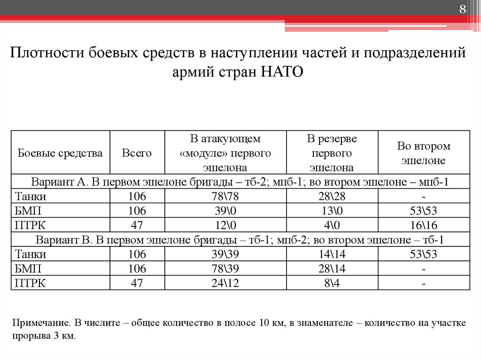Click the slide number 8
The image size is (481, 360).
click(462, 10)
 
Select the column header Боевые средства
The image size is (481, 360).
click(60, 153)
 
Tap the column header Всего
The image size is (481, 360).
click(137, 153)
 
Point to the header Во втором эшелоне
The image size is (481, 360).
click(424, 153)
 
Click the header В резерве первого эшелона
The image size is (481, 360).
click(332, 153)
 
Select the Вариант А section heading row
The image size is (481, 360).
click(240, 182)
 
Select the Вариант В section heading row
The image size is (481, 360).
click(240, 240)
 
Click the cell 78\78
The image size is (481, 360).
click(225, 196)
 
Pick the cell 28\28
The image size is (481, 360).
click(332, 196)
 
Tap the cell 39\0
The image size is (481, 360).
click(225, 211)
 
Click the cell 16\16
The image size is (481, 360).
click(424, 225)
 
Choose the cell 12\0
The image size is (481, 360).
click(225, 225)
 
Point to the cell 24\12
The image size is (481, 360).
click(225, 283)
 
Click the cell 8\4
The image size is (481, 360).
click(332, 283)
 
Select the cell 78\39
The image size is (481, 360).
click(225, 269)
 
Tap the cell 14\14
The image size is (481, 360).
click(332, 254)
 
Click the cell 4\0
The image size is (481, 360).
click(332, 225)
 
